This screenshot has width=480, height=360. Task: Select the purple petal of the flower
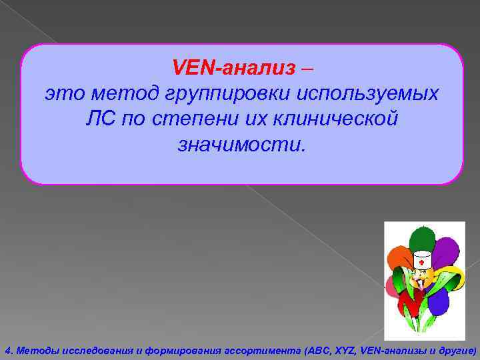(445, 248)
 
